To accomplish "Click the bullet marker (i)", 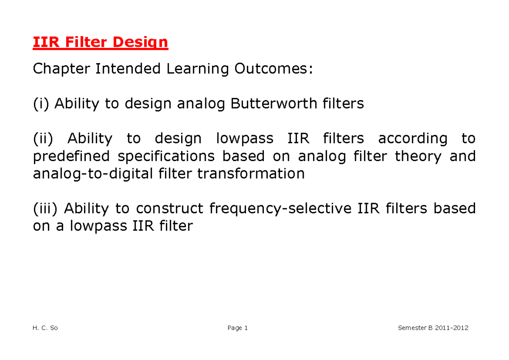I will coord(41,103).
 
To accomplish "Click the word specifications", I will coord(166,156).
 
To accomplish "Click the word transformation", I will coord(251,174).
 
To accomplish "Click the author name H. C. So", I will coord(45,328).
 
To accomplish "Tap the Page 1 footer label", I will coord(238,328).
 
